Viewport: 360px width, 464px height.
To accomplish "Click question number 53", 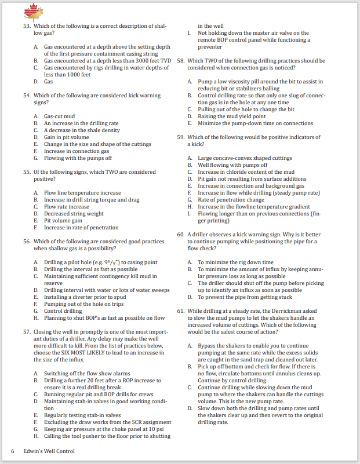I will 27,26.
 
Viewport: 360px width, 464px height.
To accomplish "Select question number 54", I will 27,95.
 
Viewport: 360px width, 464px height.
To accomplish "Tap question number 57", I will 27,332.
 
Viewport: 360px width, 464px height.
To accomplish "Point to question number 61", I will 181,310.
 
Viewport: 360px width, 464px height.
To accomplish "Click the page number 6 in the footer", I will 13,451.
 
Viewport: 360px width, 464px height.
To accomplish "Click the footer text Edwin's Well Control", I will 49,451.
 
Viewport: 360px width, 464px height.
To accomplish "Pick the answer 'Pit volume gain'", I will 63,221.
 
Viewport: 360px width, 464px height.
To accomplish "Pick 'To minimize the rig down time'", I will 235,262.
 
